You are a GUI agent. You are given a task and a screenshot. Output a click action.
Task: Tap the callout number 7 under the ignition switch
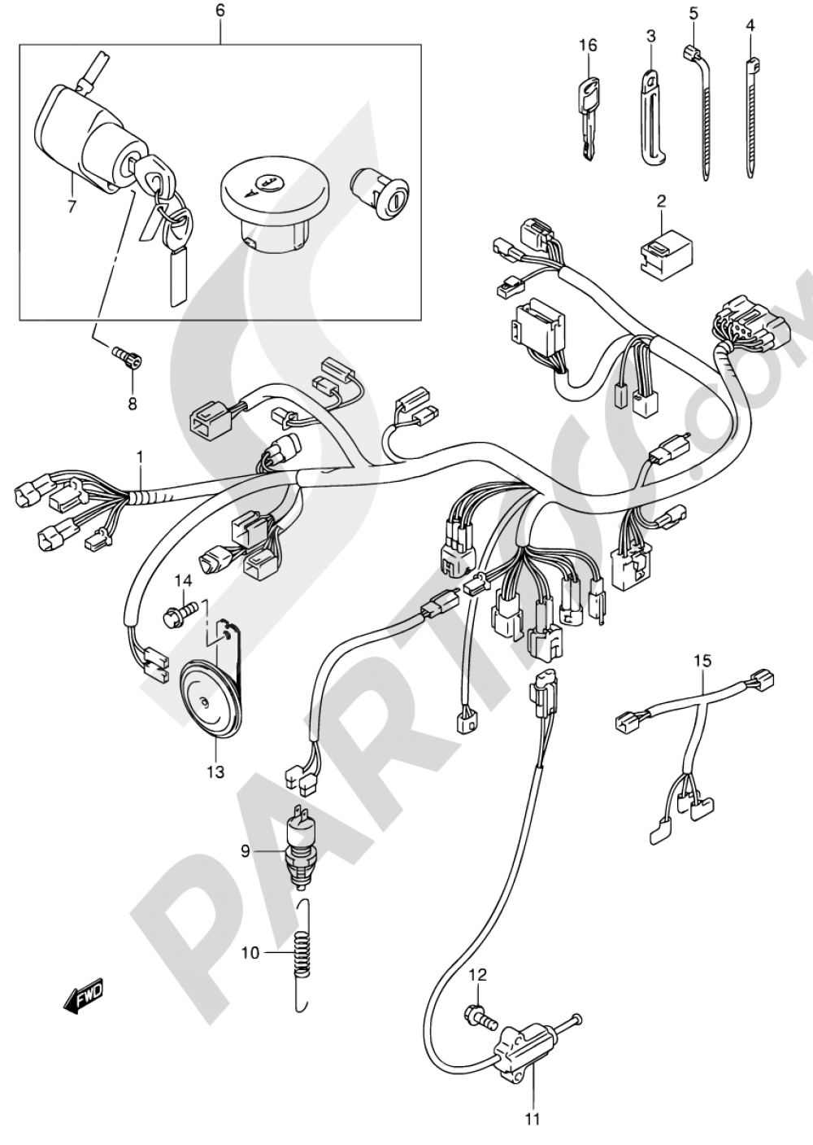72,206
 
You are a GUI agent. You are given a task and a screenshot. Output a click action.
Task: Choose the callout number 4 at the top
750,25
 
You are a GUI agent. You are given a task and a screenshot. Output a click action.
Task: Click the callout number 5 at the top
693,13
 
